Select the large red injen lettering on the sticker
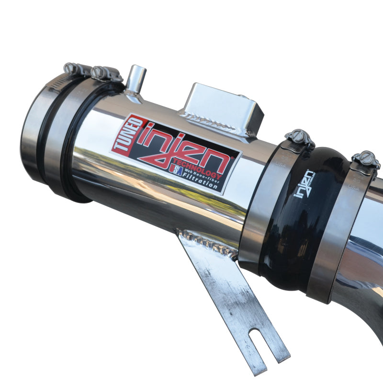coord(187,148)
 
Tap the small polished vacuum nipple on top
coord(137,79)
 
